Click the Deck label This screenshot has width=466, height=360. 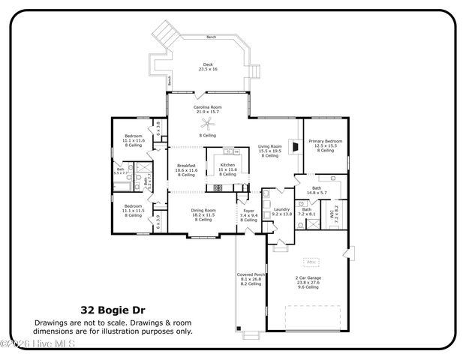click(x=208, y=67)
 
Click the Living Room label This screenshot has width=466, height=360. click(x=270, y=150)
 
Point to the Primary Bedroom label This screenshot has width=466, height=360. click(x=325, y=143)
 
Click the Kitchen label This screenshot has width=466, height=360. click(x=227, y=169)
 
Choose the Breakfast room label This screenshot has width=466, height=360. click(x=185, y=170)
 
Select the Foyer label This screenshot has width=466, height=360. click(x=248, y=215)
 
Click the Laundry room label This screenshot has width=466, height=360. click(x=281, y=213)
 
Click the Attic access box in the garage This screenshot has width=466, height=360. click(x=311, y=262)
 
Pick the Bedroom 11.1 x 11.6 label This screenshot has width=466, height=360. click(x=133, y=140)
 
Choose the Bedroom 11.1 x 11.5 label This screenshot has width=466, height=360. click(x=133, y=210)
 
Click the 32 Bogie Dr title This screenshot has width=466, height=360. click(x=113, y=309)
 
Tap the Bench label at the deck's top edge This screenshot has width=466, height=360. click(x=211, y=37)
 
